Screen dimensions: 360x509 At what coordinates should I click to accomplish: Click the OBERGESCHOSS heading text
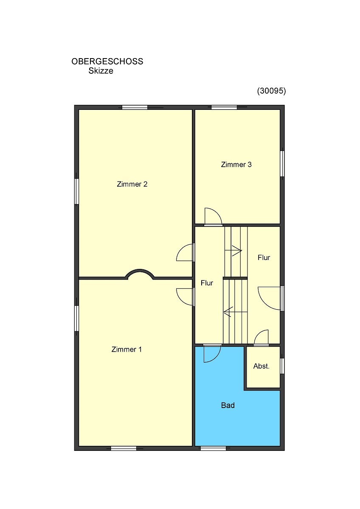(x=107, y=62)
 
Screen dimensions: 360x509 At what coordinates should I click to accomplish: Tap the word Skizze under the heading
(x=101, y=71)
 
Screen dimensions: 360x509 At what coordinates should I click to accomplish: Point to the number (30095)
(x=271, y=91)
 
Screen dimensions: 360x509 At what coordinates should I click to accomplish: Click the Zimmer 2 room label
(x=132, y=184)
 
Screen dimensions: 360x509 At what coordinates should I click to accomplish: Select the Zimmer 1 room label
(x=127, y=349)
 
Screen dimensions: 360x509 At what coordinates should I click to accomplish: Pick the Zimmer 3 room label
(x=236, y=165)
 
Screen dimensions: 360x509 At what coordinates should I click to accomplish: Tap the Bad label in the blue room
(x=228, y=406)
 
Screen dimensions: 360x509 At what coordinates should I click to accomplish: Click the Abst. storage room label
(x=262, y=366)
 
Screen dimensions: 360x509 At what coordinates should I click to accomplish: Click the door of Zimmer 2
(x=186, y=252)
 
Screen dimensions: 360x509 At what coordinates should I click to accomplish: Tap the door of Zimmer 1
(x=186, y=297)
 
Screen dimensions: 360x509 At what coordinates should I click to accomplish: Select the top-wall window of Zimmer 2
(x=135, y=107)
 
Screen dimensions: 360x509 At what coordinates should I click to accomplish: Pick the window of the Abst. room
(x=282, y=366)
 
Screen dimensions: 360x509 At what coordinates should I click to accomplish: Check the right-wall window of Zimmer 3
(x=282, y=164)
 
